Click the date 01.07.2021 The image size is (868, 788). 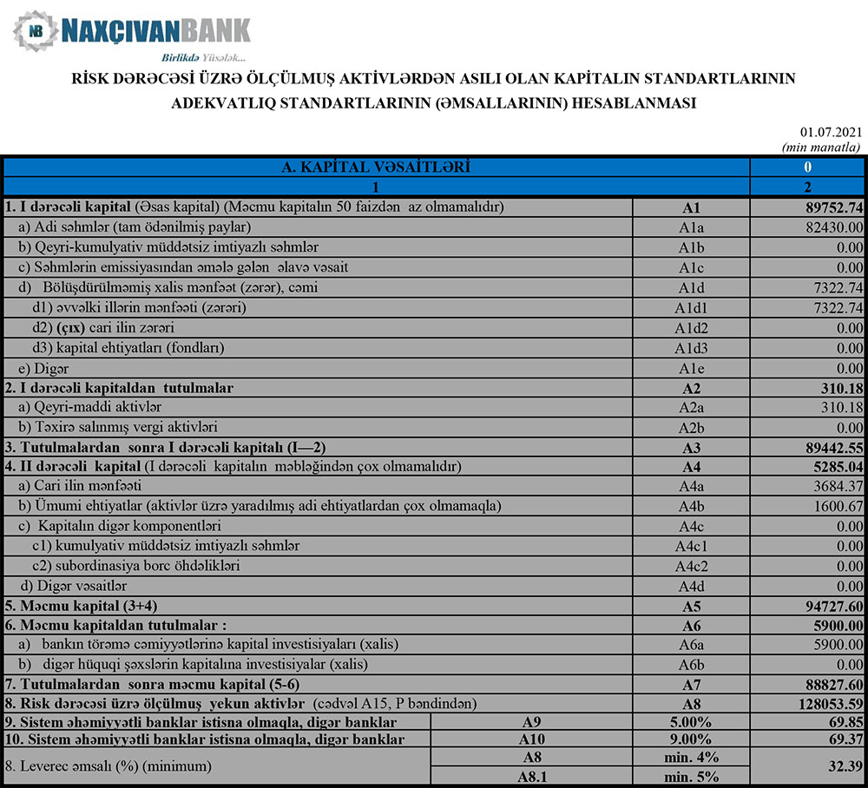pos(831,132)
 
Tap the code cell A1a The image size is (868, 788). pos(691,227)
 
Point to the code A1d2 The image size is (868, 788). pos(691,328)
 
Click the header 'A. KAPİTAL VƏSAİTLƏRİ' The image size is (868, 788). pos(377,167)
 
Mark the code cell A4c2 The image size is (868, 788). pos(691,566)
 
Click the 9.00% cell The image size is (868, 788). pos(691,739)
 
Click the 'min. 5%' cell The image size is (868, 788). pos(691,778)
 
